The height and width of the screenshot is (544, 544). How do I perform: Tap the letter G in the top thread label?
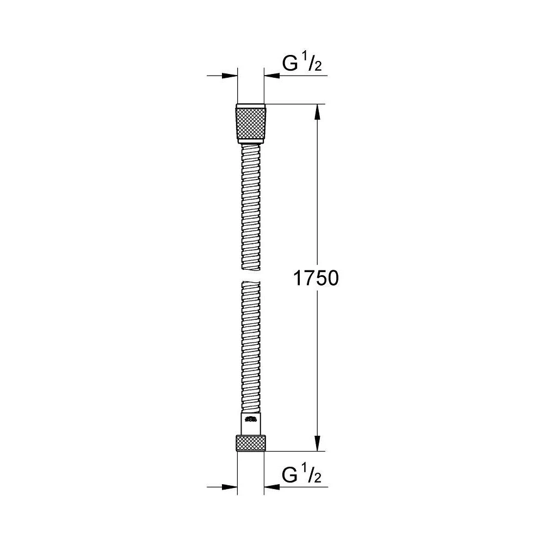(x=290, y=64)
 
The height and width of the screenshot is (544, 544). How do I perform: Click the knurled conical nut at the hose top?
(x=251, y=122)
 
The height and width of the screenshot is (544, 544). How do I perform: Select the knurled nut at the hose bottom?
(x=251, y=443)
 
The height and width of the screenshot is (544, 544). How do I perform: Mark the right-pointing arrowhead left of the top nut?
(x=231, y=76)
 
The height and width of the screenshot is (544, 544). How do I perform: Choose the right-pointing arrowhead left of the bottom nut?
(x=231, y=486)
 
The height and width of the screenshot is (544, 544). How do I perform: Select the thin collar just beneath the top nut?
(x=251, y=143)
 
